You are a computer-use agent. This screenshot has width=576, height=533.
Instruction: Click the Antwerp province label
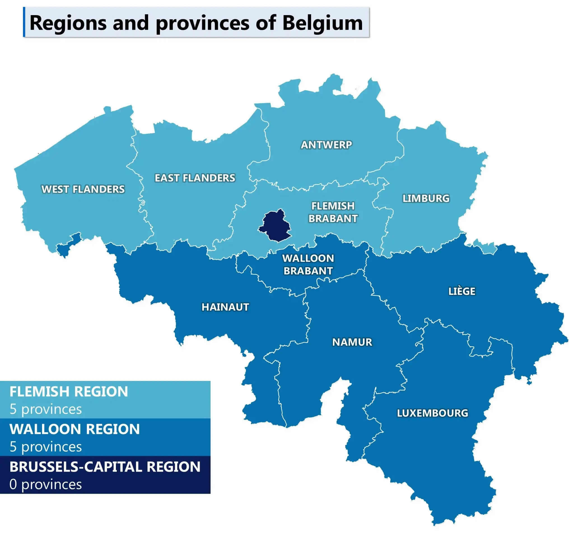coord(326,145)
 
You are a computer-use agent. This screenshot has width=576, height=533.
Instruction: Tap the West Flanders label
coord(83,189)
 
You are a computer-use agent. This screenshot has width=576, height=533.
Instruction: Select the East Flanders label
coord(195,178)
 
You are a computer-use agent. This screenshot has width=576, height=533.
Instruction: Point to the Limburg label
coord(426,198)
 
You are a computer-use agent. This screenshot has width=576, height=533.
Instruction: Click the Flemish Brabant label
coord(333,212)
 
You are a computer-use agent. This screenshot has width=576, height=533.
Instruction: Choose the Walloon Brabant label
coord(308,264)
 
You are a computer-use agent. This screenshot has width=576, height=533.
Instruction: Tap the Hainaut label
coord(225,307)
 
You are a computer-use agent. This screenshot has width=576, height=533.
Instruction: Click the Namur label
coord(352,342)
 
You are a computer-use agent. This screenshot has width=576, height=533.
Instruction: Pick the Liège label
coord(461,291)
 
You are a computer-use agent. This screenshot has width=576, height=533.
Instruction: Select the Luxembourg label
coord(432,413)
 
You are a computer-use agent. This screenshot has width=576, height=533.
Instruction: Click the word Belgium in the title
coord(323,23)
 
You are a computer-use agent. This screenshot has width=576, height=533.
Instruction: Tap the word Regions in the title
coord(68,23)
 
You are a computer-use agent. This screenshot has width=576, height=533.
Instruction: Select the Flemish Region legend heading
coord(69,392)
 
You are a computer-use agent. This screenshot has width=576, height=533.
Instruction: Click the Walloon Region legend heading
coord(75,429)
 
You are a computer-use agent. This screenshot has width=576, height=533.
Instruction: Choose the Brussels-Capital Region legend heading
coord(105,467)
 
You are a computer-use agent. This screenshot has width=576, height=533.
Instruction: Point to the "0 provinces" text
coord(46,484)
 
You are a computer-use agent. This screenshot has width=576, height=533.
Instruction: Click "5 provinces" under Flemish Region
coord(46,409)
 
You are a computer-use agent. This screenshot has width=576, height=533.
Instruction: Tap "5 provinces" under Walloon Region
coord(46,447)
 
